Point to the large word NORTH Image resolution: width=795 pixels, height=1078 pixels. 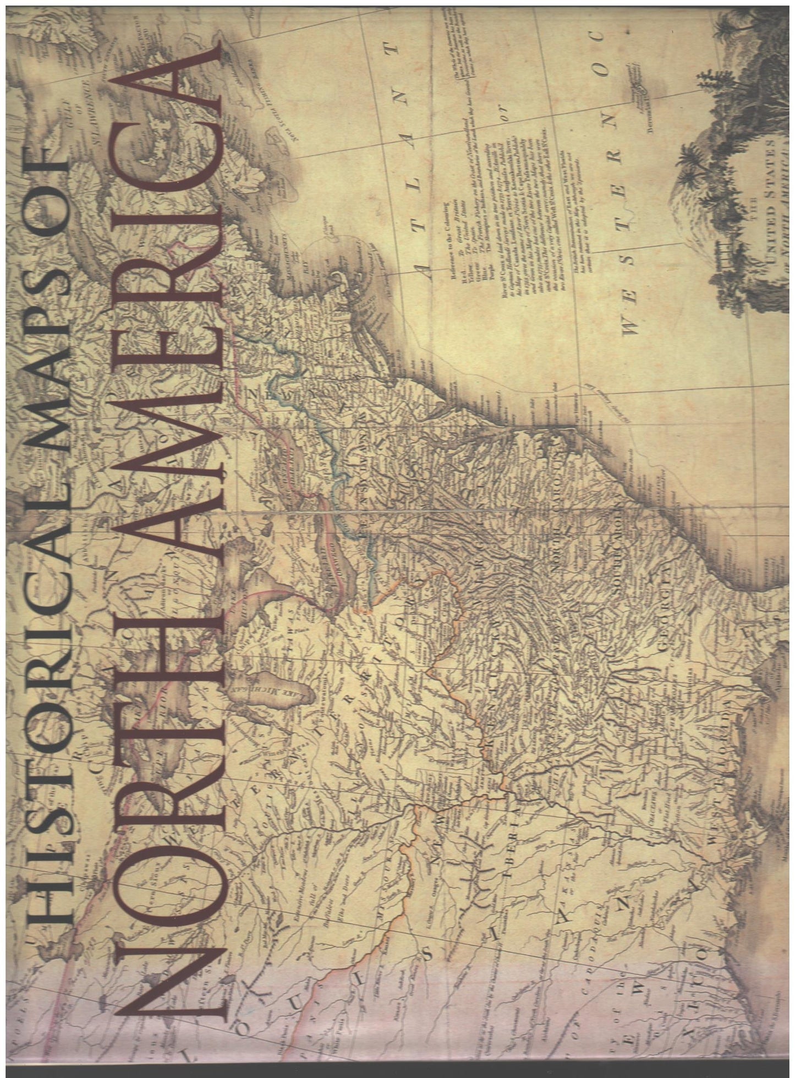pos(165,826)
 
